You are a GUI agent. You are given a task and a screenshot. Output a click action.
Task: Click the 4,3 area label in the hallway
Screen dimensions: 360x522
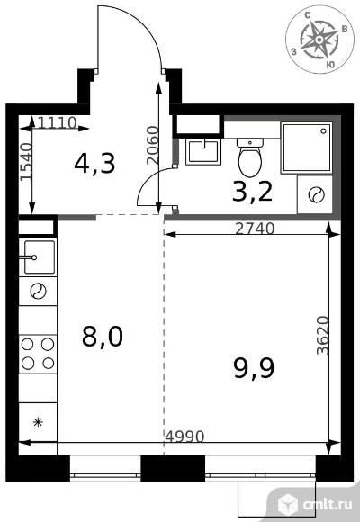pyautogui.click(x=94, y=164)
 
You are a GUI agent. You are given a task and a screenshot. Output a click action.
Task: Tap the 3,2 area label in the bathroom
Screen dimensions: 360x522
pyautogui.click(x=252, y=193)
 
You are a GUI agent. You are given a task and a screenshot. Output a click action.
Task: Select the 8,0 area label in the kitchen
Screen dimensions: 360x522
pyautogui.click(x=103, y=337)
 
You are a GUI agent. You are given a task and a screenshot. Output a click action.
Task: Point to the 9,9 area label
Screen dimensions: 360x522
pyautogui.click(x=254, y=368)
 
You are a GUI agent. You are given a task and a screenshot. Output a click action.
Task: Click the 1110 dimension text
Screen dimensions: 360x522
pyautogui.click(x=58, y=123)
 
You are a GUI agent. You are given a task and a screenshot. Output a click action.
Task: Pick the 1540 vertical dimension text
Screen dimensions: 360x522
pyautogui.click(x=26, y=162)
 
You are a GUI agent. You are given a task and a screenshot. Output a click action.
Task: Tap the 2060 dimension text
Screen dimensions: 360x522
pyautogui.click(x=153, y=145)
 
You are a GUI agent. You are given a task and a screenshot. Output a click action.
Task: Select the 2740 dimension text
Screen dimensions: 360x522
pyautogui.click(x=255, y=229)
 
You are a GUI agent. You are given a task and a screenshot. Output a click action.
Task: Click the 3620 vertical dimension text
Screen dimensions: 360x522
pyautogui.click(x=323, y=335)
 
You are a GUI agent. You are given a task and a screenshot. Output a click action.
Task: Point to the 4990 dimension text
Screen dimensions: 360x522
pyautogui.click(x=184, y=436)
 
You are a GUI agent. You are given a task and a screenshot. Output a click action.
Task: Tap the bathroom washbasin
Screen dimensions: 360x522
pyautogui.click(x=203, y=152)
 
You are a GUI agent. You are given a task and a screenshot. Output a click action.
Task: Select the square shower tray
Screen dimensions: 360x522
pyautogui.click(x=306, y=148)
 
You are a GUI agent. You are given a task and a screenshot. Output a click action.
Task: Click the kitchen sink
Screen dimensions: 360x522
pyautogui.click(x=38, y=257)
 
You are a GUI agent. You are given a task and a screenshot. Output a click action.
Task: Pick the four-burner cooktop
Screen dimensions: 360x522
pyautogui.click(x=38, y=354)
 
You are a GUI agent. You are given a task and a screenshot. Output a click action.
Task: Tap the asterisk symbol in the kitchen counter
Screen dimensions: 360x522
pyautogui.click(x=38, y=422)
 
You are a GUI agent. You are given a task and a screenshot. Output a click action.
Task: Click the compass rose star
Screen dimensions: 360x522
pyautogui.click(x=319, y=40)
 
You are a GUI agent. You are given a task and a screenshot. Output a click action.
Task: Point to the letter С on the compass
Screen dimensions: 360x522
pyautogui.click(x=308, y=15)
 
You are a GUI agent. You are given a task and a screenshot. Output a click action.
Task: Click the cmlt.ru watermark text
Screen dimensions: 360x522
pyautogui.click(x=327, y=505)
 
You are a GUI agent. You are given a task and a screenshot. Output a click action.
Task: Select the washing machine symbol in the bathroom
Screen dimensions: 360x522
pyautogui.click(x=315, y=194)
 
